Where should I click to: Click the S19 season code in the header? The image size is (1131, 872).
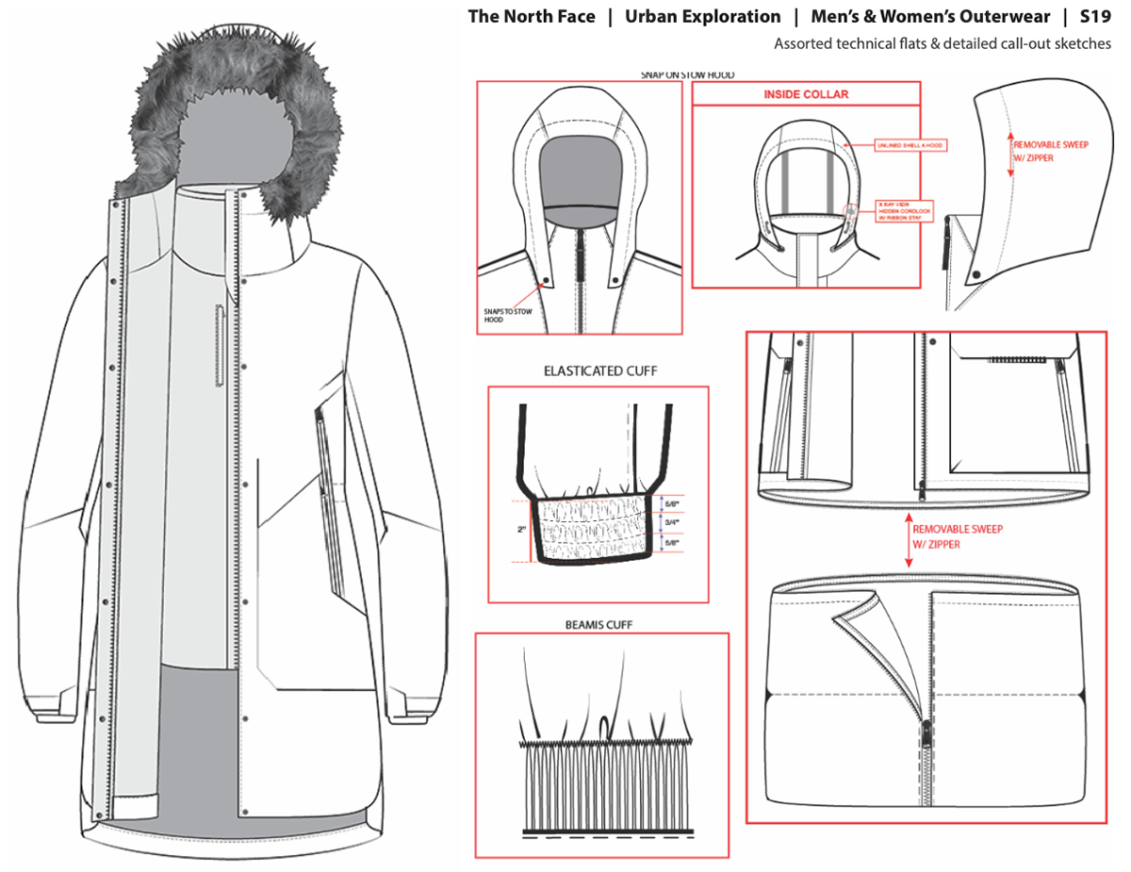pos(1096,17)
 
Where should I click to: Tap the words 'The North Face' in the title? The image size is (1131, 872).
pos(532,17)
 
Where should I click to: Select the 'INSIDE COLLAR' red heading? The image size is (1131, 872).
pos(805,94)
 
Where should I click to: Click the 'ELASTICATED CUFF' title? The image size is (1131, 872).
pos(600,371)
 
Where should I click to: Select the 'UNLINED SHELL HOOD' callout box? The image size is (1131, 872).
pos(910,145)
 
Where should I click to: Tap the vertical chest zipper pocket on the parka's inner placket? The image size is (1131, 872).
pos(220,344)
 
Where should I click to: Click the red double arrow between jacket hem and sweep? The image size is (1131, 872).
pos(908,539)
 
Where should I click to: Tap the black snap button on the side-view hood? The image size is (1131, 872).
pos(976,272)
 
